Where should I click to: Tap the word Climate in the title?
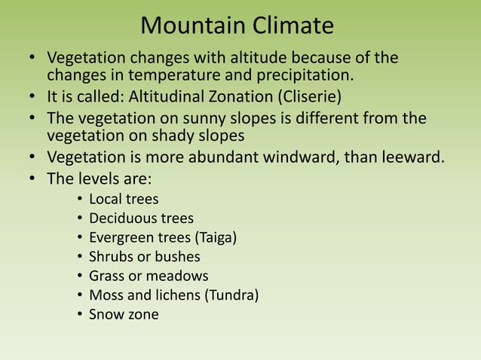click(x=292, y=26)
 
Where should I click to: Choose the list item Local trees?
click(x=124, y=200)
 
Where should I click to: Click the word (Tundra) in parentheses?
click(x=232, y=295)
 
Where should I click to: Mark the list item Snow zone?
click(x=124, y=314)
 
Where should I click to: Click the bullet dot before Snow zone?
click(x=79, y=315)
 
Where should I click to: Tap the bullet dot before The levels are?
click(x=32, y=179)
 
